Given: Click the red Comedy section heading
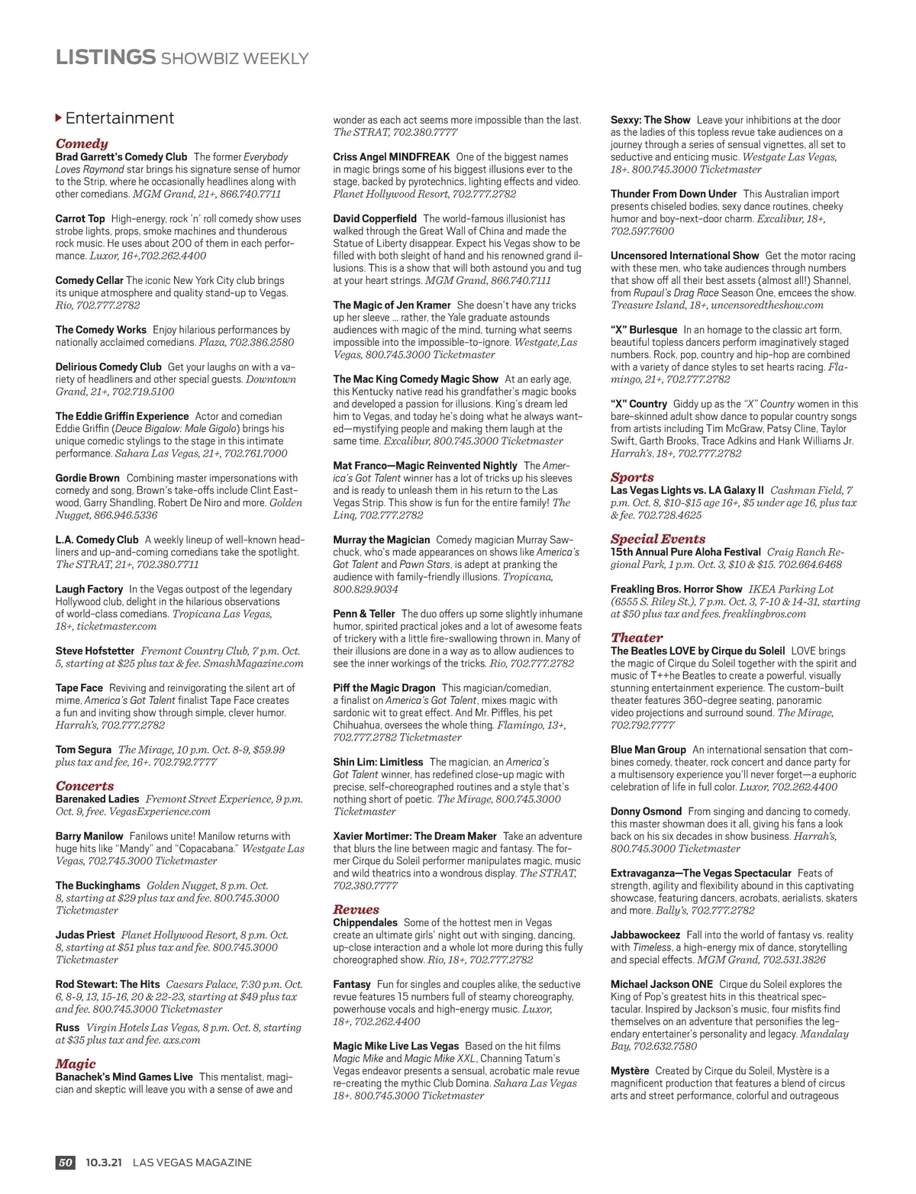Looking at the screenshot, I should coord(82,144).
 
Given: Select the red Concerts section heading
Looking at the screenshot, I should coord(85,786).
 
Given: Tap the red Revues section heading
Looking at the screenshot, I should coord(356,909).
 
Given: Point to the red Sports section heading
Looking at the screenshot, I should coord(632,477).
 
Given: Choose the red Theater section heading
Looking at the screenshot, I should coord(637,637).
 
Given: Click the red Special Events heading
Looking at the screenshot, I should coord(657,538).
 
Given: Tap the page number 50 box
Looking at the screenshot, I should coord(66,1162).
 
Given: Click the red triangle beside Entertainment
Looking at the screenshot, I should coord(59,118).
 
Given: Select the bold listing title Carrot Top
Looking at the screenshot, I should coord(80,218).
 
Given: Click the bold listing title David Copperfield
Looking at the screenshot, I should coord(375,218).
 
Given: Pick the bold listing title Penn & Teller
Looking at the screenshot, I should coord(364,614).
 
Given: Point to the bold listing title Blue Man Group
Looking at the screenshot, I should coord(648,750).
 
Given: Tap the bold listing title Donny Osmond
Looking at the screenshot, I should coord(646,812).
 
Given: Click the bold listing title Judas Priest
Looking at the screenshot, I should coord(85,934).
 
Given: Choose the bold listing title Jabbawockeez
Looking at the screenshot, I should coord(645,934).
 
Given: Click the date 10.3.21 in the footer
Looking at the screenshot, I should coord(104,1162).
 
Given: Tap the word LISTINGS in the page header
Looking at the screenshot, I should coord(105,57).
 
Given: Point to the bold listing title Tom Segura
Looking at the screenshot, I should coord(83,750).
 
